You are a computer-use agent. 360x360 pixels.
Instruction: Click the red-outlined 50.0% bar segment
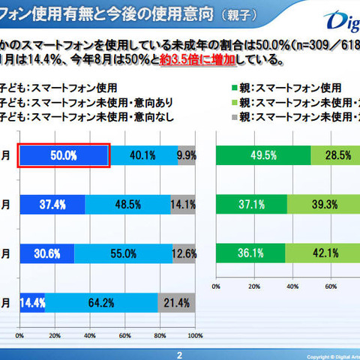click(64, 155)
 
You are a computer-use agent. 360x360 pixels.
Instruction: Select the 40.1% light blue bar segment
click(142, 155)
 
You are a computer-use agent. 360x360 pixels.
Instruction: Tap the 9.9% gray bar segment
click(186, 155)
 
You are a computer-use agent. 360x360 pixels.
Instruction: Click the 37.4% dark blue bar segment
click(52, 204)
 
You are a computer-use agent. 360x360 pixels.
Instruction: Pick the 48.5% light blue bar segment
click(127, 204)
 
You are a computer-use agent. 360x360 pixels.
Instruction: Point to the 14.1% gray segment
click(183, 204)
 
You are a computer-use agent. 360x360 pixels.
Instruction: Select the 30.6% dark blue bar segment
click(46, 253)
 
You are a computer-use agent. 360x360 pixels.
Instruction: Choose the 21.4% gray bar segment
click(177, 302)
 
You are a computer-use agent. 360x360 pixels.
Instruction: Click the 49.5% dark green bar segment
click(262, 155)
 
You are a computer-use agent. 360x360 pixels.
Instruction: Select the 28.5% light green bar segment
click(334, 155)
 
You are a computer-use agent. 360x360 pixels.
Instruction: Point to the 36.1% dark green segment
click(250, 253)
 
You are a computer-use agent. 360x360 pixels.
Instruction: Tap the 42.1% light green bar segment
click(322, 253)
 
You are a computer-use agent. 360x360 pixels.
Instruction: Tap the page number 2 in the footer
click(179, 355)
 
